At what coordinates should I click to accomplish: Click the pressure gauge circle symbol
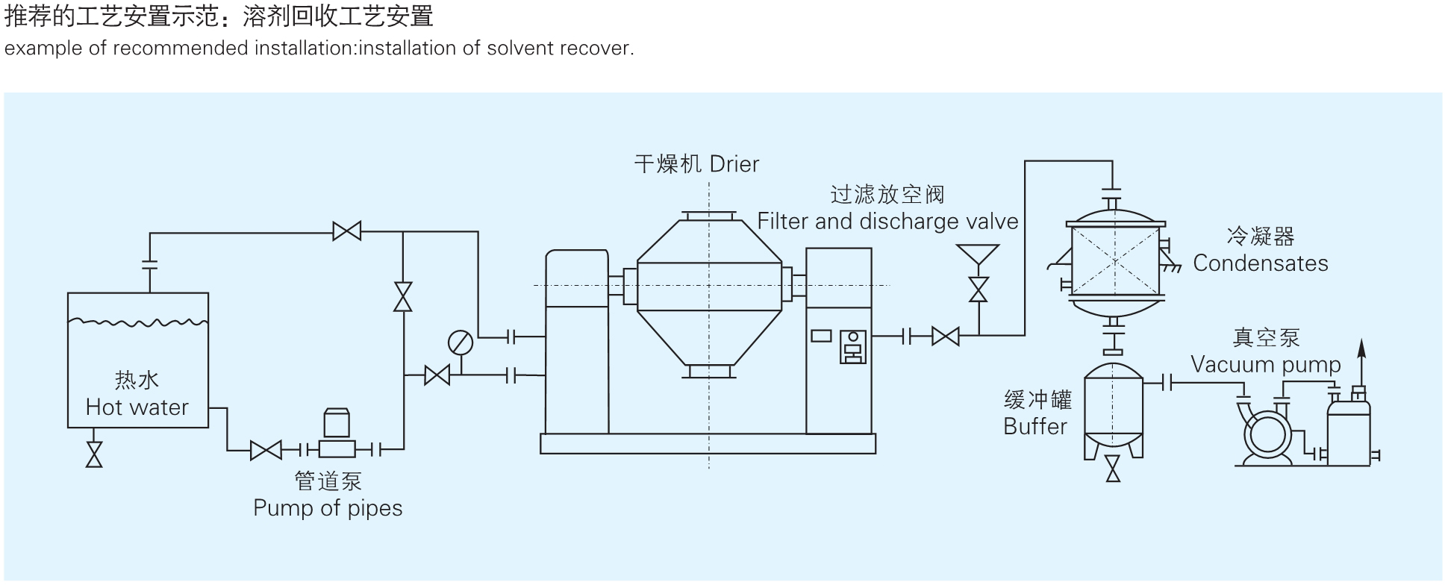461,343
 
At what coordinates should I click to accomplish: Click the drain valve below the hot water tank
94,454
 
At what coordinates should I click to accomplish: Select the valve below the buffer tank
1113,469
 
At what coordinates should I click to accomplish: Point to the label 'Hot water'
137,407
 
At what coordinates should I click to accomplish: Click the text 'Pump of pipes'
328,508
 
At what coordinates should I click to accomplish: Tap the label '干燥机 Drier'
696,164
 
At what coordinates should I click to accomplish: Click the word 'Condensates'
1261,263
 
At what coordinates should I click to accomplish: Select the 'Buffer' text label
1035,427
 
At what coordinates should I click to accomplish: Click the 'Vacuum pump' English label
1266,365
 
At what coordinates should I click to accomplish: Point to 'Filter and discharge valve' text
887,222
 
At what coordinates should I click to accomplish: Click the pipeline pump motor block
337,424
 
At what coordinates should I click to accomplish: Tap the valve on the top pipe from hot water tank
347,231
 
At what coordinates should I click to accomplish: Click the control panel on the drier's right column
852,347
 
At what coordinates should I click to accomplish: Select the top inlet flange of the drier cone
708,216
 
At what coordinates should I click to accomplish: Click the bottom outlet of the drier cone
708,371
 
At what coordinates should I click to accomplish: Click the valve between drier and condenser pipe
946,337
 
